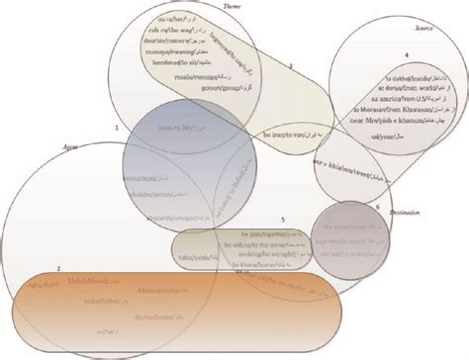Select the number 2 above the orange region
coord(58,269)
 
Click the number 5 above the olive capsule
coord(282,218)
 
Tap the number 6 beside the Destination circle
coord(377,206)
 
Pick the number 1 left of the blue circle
coord(116,128)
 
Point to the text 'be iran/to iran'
coord(283,133)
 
